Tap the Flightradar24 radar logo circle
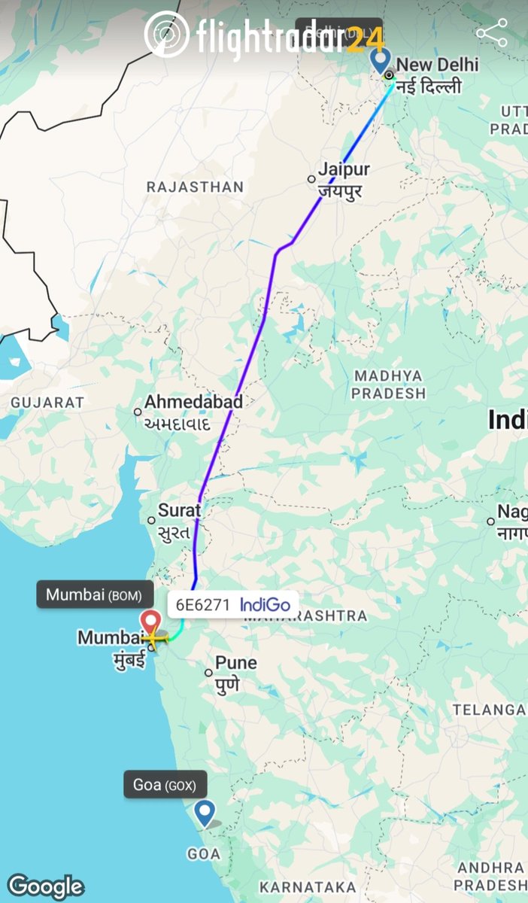(x=166, y=35)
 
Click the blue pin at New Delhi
(x=382, y=60)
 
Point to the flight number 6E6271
(x=203, y=604)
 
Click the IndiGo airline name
(x=265, y=604)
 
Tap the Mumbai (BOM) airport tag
(x=89, y=594)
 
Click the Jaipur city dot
(x=311, y=179)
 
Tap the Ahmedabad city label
(x=193, y=403)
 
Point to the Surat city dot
(x=151, y=520)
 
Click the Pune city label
(x=235, y=663)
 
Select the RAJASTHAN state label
(x=195, y=187)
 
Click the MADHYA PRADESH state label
(x=388, y=384)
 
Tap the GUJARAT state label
(x=47, y=403)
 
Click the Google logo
(x=45, y=886)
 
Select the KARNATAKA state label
(x=308, y=886)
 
